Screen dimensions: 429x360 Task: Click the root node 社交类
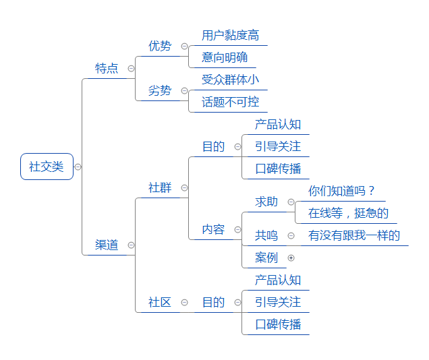pos(47,167)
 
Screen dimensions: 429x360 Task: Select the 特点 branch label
pos(107,68)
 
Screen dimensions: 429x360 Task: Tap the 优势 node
pos(160,46)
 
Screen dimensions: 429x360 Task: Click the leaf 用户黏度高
pos(231,35)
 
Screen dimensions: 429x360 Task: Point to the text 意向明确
pos(225,57)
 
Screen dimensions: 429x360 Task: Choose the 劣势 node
pos(160,90)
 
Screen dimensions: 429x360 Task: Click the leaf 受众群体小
pos(231,80)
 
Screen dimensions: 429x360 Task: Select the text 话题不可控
pos(231,102)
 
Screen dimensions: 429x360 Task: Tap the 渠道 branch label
pos(107,245)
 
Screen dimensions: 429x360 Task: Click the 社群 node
pos(160,188)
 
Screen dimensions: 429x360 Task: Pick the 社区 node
pos(160,302)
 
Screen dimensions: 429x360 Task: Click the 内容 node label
pos(213,229)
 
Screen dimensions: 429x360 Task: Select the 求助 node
pos(266,202)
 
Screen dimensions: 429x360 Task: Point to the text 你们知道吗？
pos(341,191)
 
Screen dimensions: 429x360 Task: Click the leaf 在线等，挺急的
pos(348,213)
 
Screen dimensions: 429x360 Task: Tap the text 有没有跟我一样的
pos(354,235)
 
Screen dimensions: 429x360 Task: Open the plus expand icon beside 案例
pos(291,258)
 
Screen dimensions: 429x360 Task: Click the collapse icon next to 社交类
pos(78,167)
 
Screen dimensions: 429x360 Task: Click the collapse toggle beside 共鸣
pos(291,236)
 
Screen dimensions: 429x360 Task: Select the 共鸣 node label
pos(266,235)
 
